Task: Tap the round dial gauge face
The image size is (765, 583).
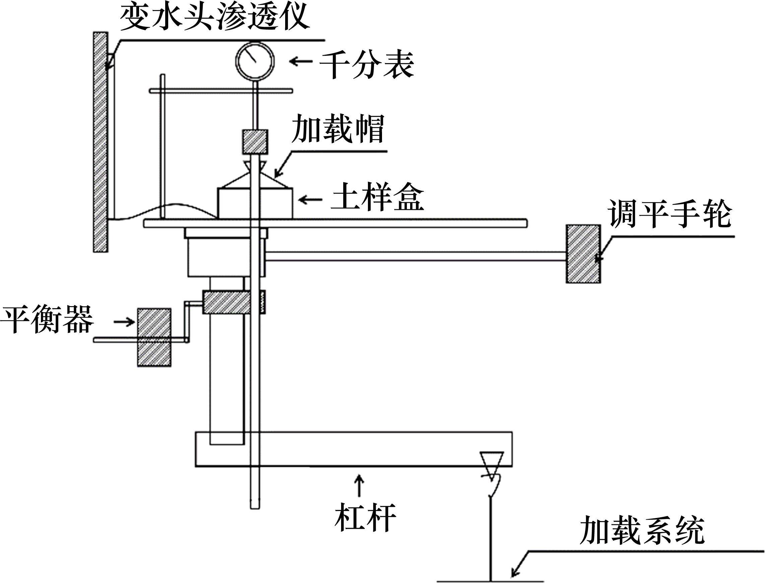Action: click(x=255, y=61)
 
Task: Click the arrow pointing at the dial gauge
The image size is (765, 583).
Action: click(x=301, y=62)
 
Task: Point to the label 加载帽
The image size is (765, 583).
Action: click(x=338, y=129)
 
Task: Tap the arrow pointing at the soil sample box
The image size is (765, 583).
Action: click(x=310, y=200)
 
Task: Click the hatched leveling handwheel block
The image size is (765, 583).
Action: click(x=583, y=254)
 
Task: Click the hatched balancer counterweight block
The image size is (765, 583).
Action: click(x=154, y=337)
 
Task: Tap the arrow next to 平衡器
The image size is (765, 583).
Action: click(x=124, y=322)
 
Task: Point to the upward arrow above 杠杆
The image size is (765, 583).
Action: click(x=360, y=486)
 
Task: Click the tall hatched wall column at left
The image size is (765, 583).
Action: click(x=100, y=142)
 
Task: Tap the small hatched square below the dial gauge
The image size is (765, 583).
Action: click(x=255, y=141)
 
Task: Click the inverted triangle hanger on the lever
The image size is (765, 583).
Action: click(x=491, y=464)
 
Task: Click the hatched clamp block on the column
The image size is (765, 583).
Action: click(x=226, y=302)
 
